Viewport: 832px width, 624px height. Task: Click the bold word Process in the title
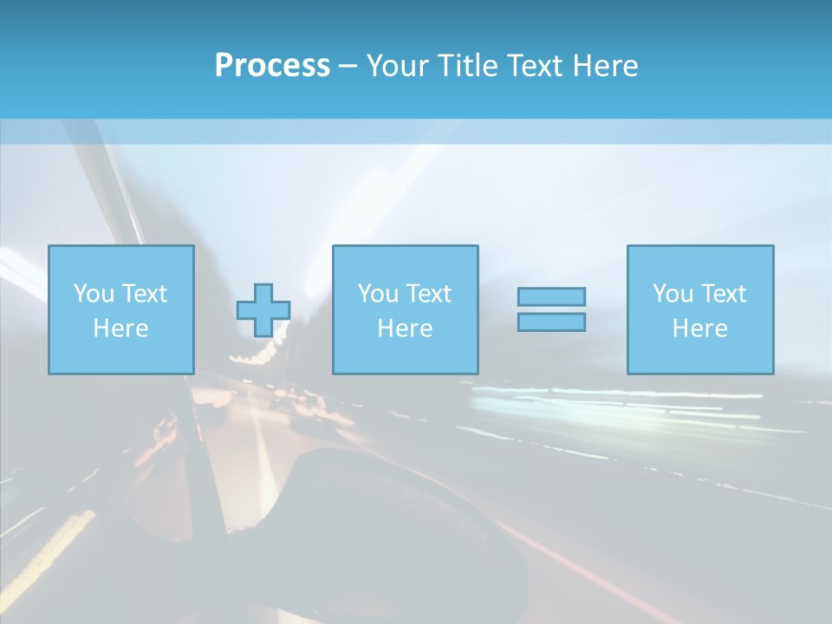[x=272, y=66]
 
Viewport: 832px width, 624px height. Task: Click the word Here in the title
[x=607, y=66]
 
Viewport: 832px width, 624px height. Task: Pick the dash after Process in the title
[x=348, y=67]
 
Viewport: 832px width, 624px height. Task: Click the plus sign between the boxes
[x=263, y=310]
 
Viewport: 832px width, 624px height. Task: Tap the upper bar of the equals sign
[x=551, y=296]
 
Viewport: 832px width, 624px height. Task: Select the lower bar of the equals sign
[x=551, y=322]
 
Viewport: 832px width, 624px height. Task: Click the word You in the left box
[x=94, y=294]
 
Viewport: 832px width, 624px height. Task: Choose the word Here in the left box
[x=120, y=328]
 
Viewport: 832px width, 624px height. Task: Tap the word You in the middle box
[x=378, y=294]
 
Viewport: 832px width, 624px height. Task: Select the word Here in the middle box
[x=405, y=328]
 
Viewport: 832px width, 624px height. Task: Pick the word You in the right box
[x=673, y=294]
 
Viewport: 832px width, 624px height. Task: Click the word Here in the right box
[x=699, y=328]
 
